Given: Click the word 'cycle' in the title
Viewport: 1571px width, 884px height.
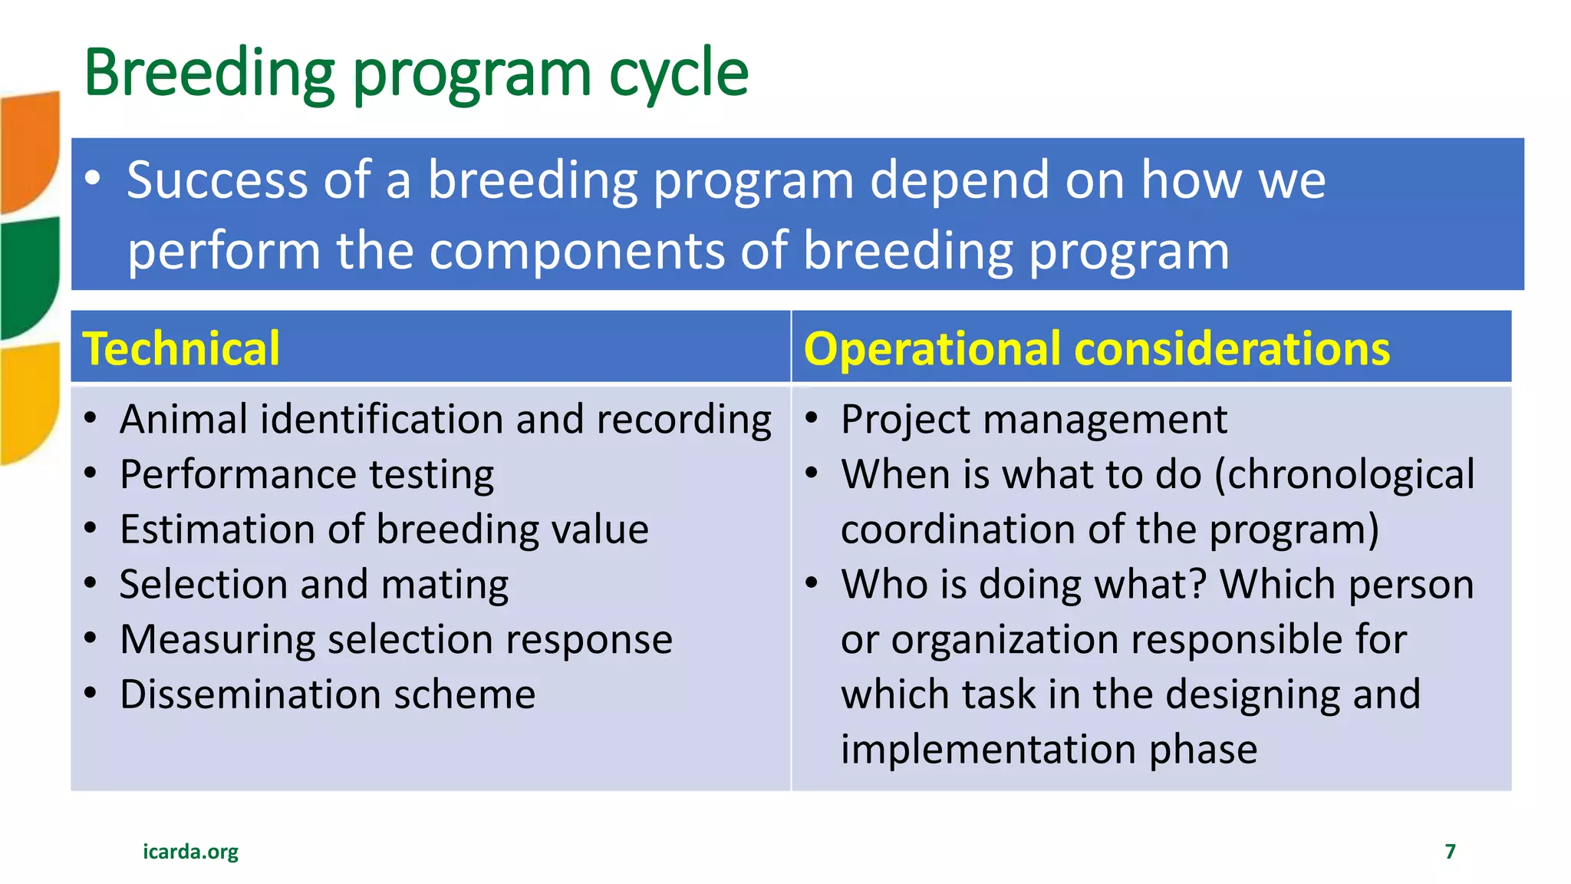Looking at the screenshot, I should [678, 74].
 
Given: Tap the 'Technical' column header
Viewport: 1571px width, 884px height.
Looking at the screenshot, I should [181, 348].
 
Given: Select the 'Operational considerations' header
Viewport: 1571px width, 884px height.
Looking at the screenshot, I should [1096, 348].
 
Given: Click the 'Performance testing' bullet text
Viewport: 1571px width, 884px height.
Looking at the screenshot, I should [307, 474].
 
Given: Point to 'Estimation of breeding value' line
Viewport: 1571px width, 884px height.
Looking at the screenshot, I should [384, 529].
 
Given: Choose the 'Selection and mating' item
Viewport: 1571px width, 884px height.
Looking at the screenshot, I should [314, 585].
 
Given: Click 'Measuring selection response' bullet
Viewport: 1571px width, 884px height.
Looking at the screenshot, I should [396, 639].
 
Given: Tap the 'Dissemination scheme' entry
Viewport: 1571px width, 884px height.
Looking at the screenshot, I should [328, 694].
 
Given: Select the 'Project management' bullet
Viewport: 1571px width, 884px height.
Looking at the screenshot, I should [1033, 420].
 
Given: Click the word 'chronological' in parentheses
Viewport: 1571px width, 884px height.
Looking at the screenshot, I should [1350, 474].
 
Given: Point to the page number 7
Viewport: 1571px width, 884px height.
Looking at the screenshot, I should [1450, 852].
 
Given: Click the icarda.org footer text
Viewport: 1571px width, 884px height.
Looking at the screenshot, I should [190, 852].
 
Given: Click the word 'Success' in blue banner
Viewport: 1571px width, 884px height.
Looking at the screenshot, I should [217, 180].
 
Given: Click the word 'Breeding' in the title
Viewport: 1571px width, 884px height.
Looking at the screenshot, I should [209, 74].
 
